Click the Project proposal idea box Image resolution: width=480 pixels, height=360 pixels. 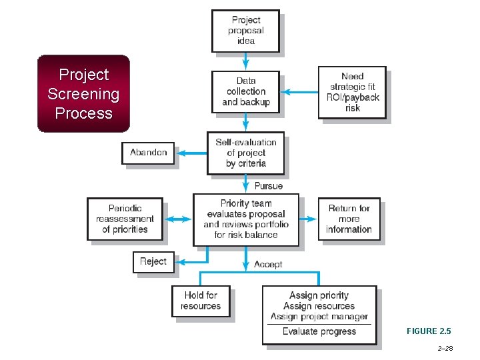245,31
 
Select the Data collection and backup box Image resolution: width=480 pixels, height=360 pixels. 245,91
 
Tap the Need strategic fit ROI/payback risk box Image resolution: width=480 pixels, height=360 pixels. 352,92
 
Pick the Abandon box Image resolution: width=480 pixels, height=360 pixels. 148,153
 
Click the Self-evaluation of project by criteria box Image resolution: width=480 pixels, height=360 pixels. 245,153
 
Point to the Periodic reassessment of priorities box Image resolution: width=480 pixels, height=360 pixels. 125,219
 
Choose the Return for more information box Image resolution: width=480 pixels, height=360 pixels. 349,219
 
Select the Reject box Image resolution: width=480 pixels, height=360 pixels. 153,261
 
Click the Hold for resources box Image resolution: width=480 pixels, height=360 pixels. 200,301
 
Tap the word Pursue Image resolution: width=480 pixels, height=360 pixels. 268,185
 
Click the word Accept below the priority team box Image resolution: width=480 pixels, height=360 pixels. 268,265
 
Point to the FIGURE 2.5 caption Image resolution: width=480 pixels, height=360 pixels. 429,331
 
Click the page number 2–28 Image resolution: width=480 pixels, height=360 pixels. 445,349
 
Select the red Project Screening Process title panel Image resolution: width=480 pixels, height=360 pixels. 83,93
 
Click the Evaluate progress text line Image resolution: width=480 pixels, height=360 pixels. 319,331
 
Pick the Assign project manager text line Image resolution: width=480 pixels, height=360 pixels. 319,317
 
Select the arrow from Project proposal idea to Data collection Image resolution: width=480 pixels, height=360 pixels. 245,61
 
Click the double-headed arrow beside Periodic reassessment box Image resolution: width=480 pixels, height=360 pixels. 177,219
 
